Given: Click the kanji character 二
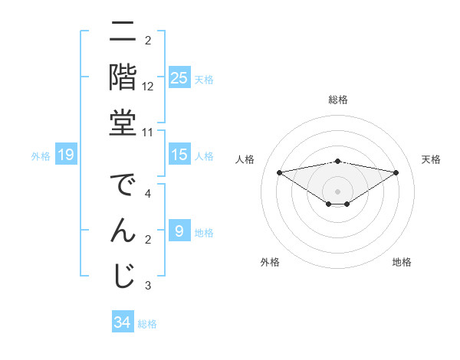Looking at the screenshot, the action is [122, 34].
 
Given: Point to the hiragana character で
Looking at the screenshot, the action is [122, 186].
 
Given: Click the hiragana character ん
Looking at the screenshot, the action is [122, 230].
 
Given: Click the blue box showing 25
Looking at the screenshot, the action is [179, 77].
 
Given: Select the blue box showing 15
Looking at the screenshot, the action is [179, 155].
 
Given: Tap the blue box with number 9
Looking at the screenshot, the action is [179, 231].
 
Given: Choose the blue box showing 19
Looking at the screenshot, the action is [66, 155].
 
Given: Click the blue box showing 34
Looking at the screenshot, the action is [122, 322].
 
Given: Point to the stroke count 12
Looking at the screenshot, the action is [148, 87].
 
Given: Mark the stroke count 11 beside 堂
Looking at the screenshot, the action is [148, 132].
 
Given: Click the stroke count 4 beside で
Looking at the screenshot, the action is [148, 194].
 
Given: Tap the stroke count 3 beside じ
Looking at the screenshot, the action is [148, 285].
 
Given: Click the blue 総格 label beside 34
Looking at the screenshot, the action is [147, 324].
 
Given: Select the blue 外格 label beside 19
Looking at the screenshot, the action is [41, 156].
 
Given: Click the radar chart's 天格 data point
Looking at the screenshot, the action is [396, 172].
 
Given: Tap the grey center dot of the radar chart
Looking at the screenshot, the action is [337, 191].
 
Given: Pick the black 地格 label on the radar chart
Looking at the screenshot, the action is [402, 262].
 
